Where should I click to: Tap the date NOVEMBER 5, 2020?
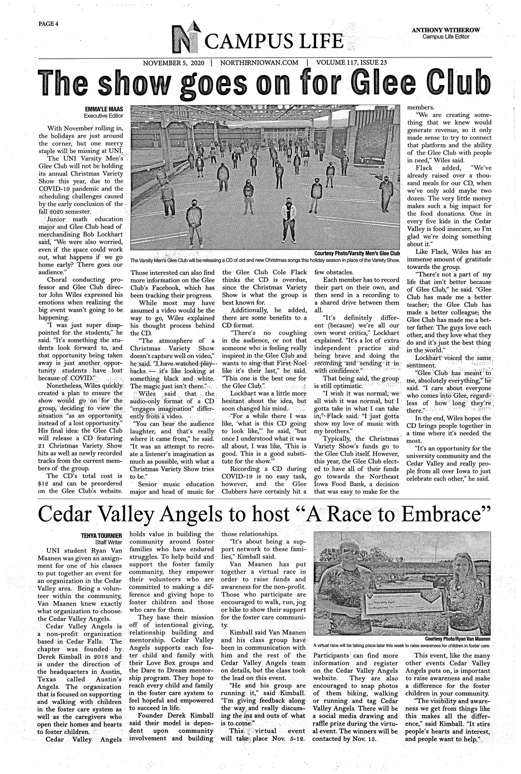click(x=174, y=63)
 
